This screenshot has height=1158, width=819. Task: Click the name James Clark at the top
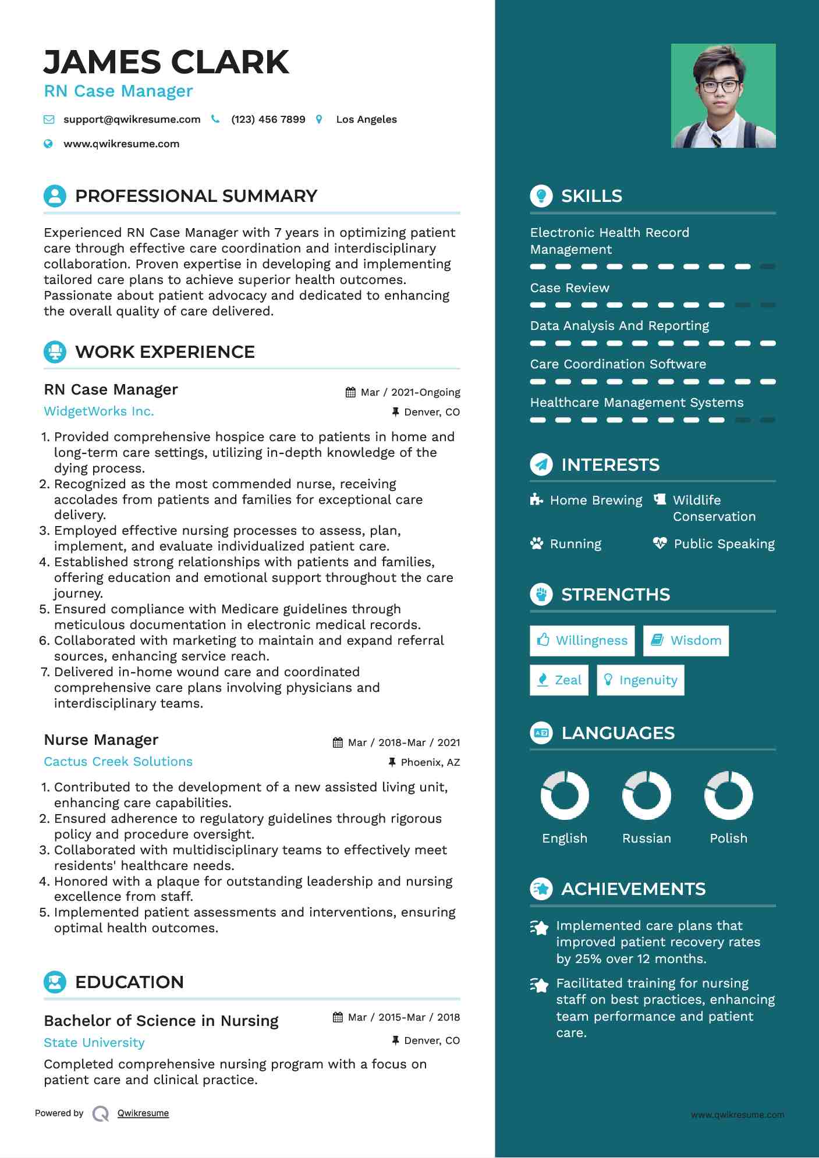tap(166, 62)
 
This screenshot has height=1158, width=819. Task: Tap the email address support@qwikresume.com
tap(132, 119)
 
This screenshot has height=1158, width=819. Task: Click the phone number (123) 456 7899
tap(268, 119)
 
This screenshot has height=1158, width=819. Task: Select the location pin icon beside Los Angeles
tap(319, 119)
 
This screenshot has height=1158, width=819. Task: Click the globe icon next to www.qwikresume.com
tap(48, 144)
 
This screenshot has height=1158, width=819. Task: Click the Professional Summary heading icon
tap(55, 196)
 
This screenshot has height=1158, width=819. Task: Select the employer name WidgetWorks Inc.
tap(99, 411)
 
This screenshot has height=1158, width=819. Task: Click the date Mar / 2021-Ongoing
tap(410, 392)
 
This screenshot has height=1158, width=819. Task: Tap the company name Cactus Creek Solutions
tap(118, 762)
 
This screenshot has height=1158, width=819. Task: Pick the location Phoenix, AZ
tap(430, 762)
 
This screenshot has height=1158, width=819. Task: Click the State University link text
tap(94, 1043)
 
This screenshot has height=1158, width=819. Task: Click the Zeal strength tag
tap(559, 680)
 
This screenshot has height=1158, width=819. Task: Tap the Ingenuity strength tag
tap(640, 680)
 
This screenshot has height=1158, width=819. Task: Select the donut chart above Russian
tap(646, 795)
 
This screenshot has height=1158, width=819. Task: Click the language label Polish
tap(728, 839)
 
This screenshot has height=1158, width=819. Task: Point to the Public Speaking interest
tap(724, 544)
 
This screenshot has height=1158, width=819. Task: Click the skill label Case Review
tap(569, 288)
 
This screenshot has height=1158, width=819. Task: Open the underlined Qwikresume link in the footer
tap(143, 1113)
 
